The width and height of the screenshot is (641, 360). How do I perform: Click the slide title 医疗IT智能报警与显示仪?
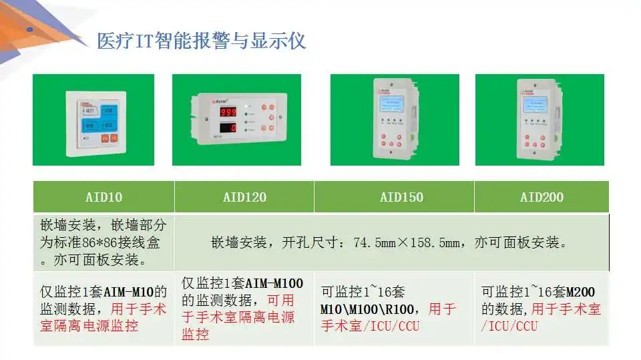pos(201,41)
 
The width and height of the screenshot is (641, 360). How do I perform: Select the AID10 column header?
pos(103,197)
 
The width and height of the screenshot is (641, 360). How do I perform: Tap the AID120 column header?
pos(244,197)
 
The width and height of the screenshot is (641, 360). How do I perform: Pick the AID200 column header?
pos(542,197)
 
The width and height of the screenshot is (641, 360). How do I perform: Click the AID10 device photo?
pos(93,120)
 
